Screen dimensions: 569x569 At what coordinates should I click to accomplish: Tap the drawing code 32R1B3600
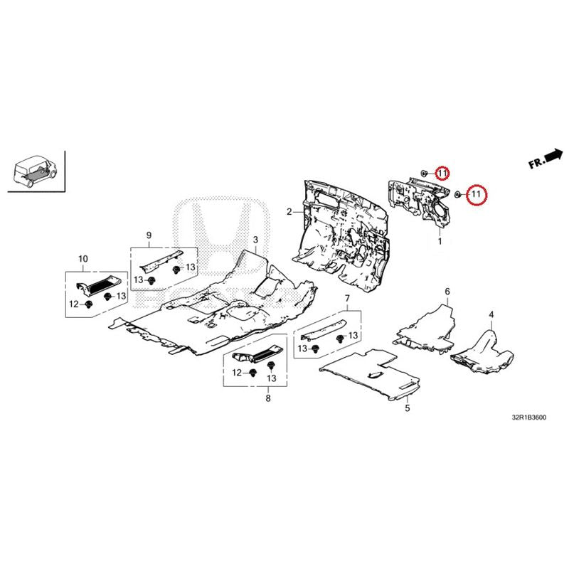point(528,418)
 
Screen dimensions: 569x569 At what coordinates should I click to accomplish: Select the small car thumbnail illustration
point(35,171)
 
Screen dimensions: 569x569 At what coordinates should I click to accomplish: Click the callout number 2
point(289,211)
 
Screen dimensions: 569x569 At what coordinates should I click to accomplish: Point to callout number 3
point(255,240)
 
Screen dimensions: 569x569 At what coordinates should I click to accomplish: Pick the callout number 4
point(491,314)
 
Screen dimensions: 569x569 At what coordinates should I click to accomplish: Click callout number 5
point(408,408)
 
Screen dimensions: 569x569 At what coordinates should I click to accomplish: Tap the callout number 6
point(447,292)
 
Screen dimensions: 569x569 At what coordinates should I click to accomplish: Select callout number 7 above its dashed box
point(347,299)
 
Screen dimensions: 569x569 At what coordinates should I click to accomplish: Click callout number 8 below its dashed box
point(268,398)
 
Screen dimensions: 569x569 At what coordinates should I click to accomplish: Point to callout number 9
point(149,235)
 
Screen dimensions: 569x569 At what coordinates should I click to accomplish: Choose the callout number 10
point(83,259)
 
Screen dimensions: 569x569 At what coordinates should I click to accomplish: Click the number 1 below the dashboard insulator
point(440,241)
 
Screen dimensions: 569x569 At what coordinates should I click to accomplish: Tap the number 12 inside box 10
point(74,304)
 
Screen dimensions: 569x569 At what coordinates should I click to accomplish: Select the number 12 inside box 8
point(237,373)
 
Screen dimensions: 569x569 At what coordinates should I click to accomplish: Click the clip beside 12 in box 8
point(253,373)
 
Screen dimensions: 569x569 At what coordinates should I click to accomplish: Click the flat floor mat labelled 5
point(369,375)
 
